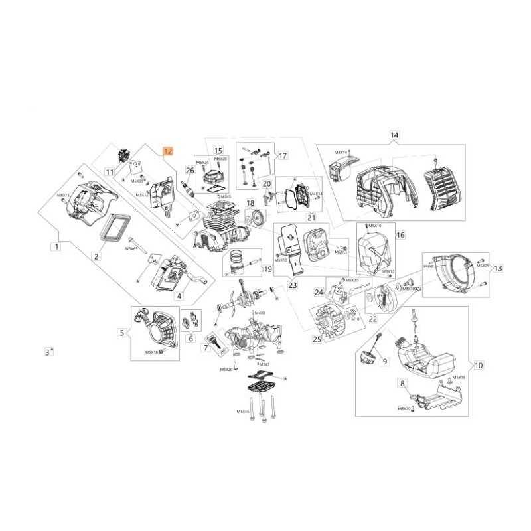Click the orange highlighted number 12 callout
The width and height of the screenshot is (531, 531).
click(x=168, y=151)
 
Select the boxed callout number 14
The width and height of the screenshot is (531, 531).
click(x=394, y=135)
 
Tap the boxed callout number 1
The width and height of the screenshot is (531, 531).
click(x=57, y=247)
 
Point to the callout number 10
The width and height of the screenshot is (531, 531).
click(x=479, y=364)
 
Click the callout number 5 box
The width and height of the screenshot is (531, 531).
click(x=121, y=333)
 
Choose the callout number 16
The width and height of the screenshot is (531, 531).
click(x=400, y=234)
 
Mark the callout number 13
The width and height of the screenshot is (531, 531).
click(x=498, y=267)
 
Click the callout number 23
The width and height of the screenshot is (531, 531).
click(x=293, y=286)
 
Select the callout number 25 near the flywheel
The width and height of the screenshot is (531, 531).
click(x=317, y=339)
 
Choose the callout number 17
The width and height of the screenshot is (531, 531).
click(x=264, y=157)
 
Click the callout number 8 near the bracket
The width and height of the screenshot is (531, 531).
click(x=402, y=384)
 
